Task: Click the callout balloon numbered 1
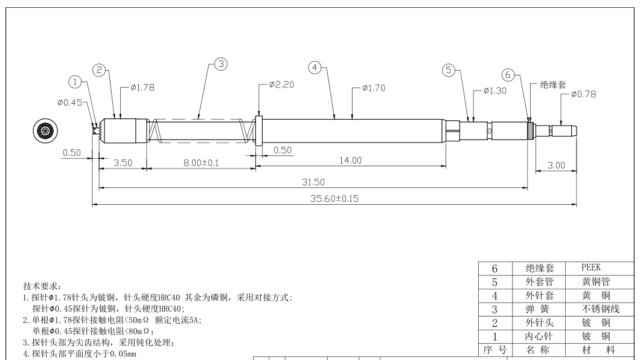tap(75, 82)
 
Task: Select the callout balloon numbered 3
tap(221, 64)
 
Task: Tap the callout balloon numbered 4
tap(315, 68)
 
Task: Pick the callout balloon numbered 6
tap(508, 75)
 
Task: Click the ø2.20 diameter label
tap(281, 85)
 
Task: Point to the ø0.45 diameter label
tap(70, 103)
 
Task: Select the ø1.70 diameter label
tap(374, 88)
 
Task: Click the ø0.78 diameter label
tap(584, 94)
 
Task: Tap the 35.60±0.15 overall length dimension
tap(334, 199)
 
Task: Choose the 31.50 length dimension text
tap(313, 182)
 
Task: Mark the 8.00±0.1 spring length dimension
tap(201, 163)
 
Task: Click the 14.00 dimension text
tap(351, 161)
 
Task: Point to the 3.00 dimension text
tap(556, 166)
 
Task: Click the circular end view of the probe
tap(45, 131)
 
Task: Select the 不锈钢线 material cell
tap(600, 309)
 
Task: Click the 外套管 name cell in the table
tap(539, 281)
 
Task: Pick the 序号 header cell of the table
tap(495, 350)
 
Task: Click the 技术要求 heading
tap(42, 286)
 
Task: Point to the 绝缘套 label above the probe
tap(553, 85)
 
